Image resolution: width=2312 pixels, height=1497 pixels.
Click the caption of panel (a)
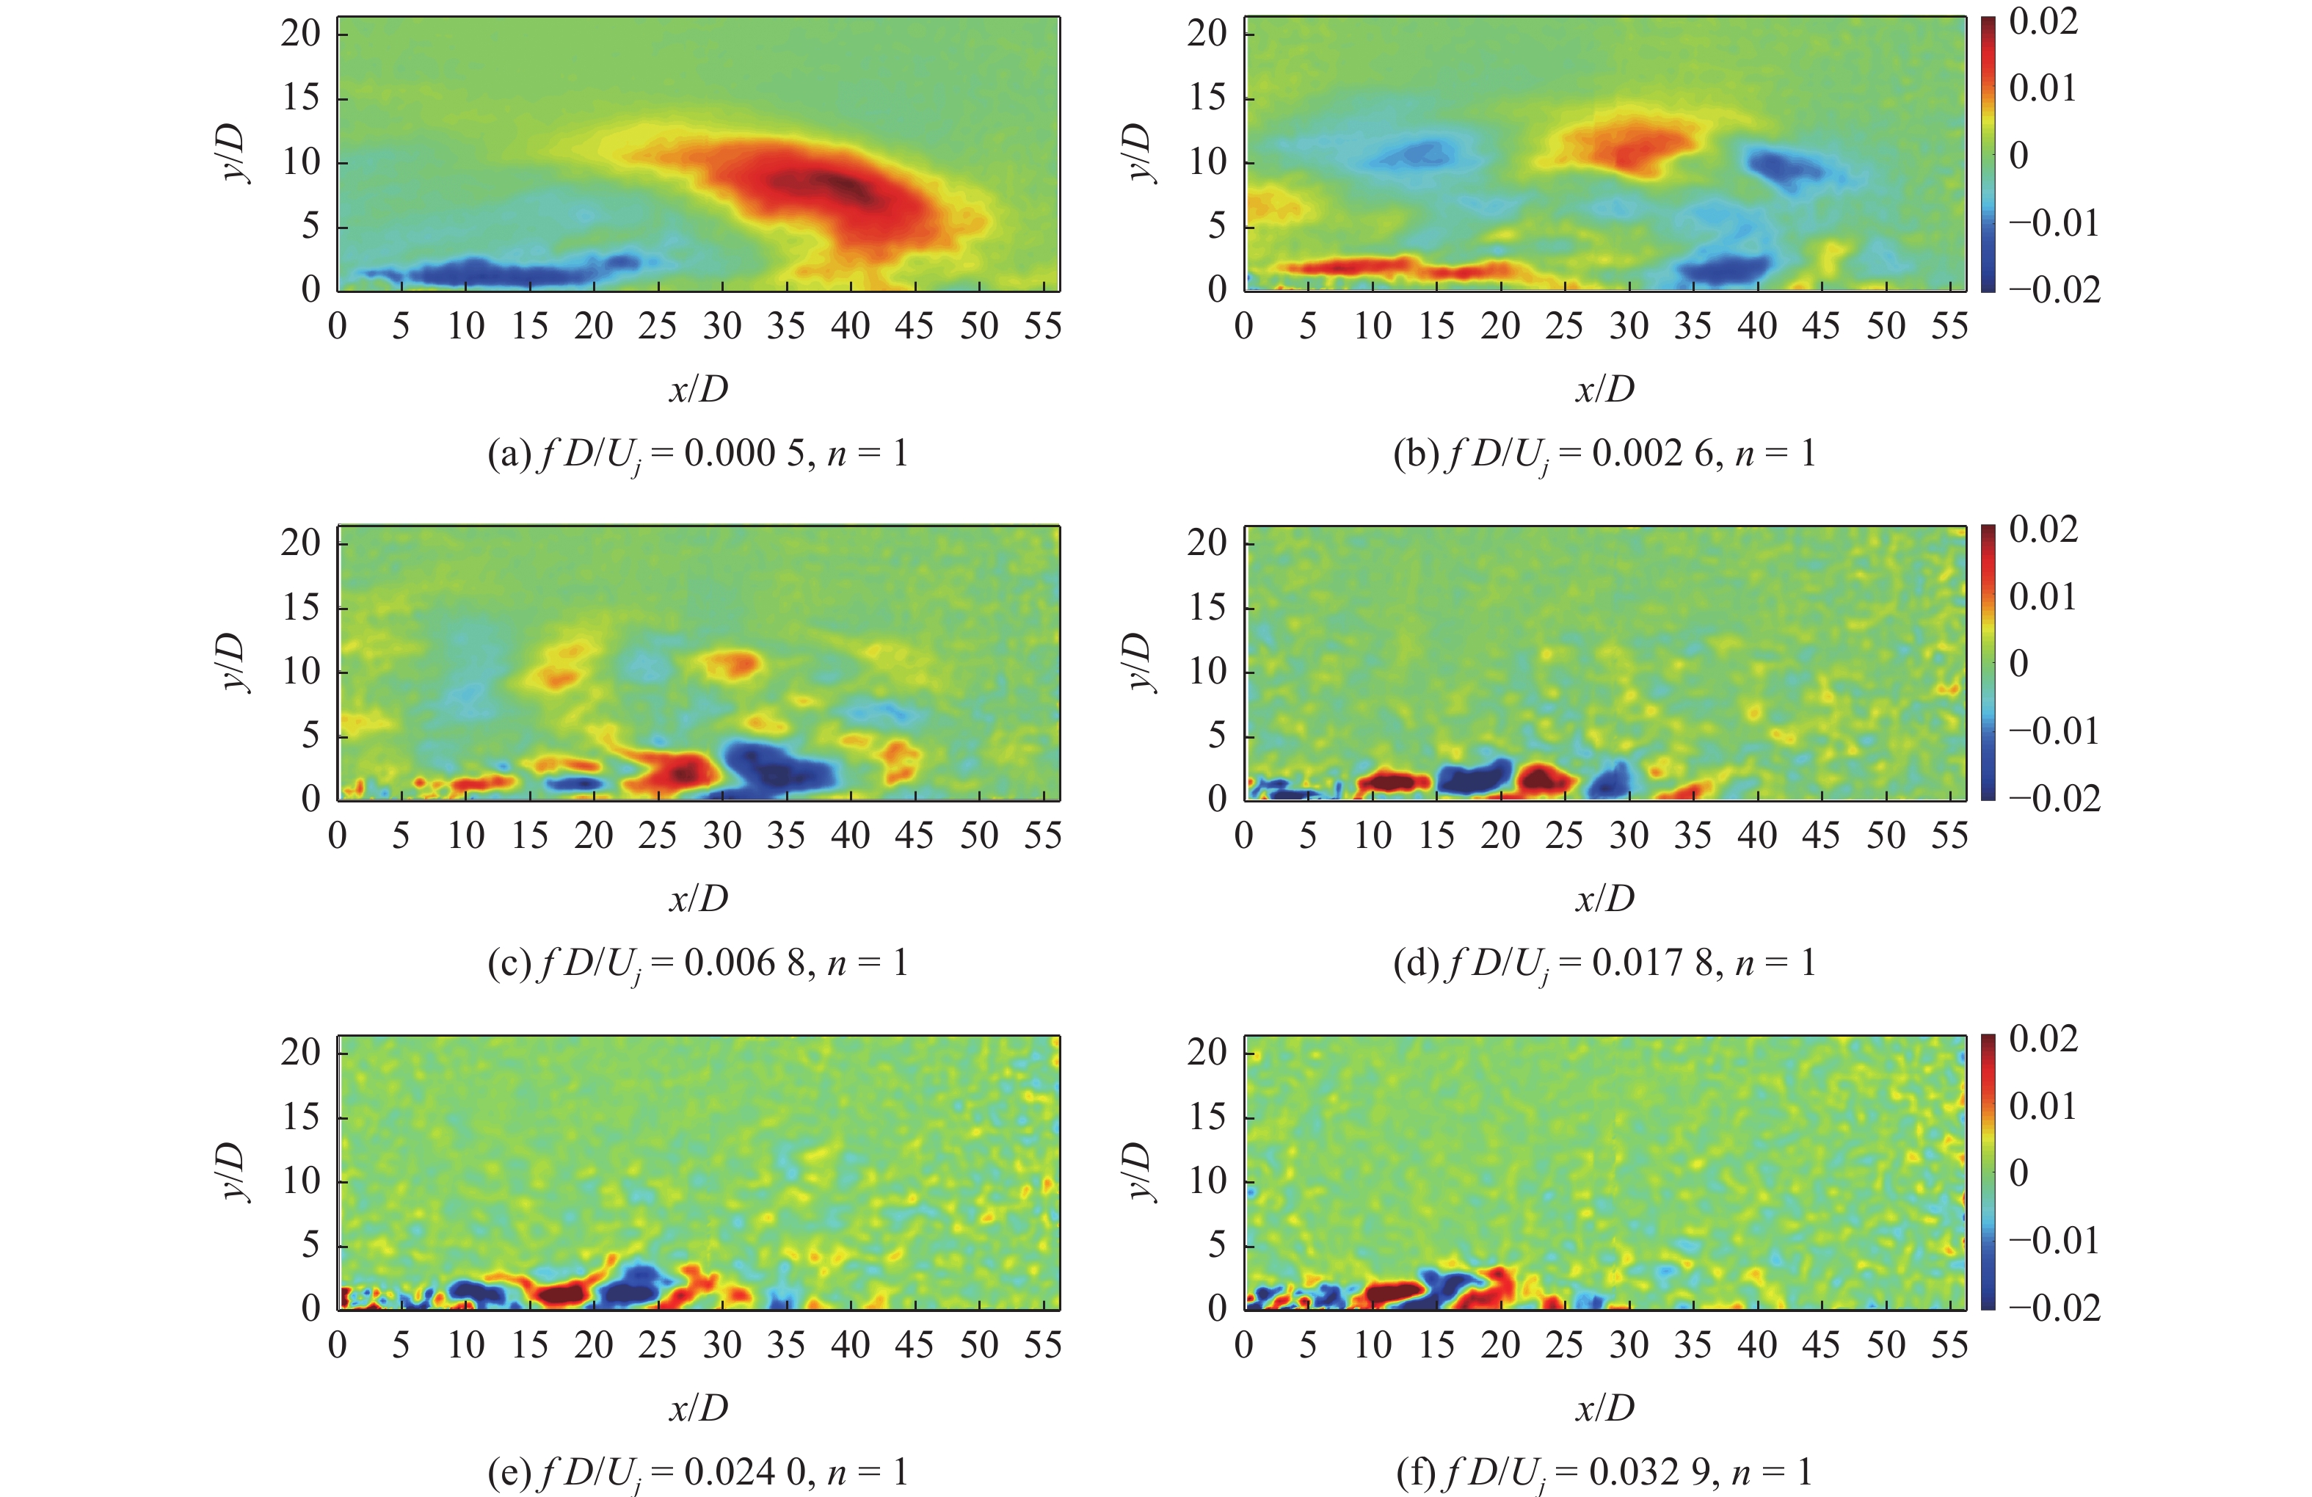point(697,454)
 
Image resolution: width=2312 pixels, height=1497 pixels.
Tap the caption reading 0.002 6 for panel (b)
point(1604,454)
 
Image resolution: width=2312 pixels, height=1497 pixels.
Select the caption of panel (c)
point(697,963)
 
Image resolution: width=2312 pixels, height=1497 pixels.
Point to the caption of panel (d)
point(1604,963)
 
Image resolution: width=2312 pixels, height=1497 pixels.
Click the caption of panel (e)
point(697,1472)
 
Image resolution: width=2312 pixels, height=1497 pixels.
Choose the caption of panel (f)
point(1604,1472)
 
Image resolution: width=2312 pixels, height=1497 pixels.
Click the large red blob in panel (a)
point(826,189)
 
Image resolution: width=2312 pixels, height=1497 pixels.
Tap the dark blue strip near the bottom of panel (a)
point(505,272)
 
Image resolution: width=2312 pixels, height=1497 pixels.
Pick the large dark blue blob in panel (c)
point(777,766)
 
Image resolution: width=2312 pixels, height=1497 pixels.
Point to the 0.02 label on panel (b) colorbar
point(2043,21)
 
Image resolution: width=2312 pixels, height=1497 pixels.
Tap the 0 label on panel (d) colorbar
point(2018,664)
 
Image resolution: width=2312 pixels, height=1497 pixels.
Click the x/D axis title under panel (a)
point(697,390)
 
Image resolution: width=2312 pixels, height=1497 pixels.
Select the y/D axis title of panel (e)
point(233,1172)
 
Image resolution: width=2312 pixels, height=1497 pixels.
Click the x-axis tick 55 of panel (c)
point(1042,836)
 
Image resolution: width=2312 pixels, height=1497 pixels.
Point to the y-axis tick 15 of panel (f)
point(1207,1116)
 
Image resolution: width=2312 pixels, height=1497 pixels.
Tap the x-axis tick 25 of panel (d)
point(1564,836)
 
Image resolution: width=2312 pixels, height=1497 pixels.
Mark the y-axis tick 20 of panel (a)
point(301,33)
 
